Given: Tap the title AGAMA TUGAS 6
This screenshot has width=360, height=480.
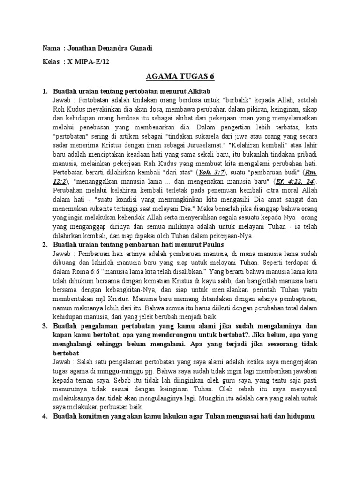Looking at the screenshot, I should tap(180, 77).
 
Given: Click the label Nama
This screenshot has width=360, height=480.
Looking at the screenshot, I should tap(51, 49).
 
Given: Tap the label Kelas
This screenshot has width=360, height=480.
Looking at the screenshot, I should tap(51, 62).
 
